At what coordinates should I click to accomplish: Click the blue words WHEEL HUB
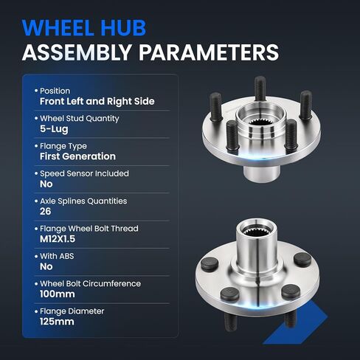[84, 28]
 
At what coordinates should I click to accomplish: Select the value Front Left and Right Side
[97, 101]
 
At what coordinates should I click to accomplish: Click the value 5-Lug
[54, 129]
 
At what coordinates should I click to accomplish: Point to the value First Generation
[77, 156]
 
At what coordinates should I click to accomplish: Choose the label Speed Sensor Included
[84, 173]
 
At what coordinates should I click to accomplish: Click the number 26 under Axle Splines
[46, 212]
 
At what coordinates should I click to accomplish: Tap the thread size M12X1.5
[58, 239]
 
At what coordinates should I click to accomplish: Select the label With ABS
[57, 256]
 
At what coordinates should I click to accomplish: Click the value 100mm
[58, 294]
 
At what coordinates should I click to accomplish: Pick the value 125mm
[57, 322]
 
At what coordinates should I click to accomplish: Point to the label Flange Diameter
[72, 311]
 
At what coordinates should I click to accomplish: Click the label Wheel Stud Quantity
[80, 119]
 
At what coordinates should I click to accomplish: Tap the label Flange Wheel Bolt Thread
[89, 229]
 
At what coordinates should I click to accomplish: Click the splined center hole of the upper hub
[260, 122]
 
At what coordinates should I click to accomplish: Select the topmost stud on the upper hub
[260, 89]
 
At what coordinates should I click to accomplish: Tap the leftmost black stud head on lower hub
[210, 264]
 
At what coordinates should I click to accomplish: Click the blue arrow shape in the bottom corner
[295, 322]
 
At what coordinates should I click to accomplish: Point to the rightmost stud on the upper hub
[305, 105]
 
